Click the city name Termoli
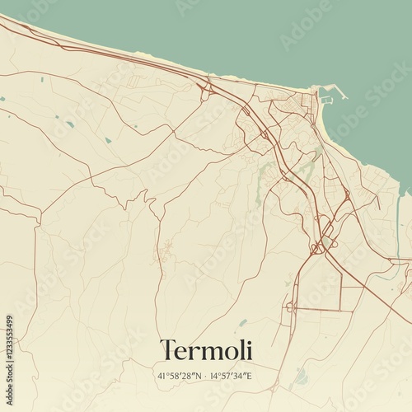click(206, 350)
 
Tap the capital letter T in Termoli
click(168, 349)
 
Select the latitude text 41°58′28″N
click(178, 376)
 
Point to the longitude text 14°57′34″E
click(231, 376)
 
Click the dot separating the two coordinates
click(204, 376)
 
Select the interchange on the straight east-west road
click(290, 308)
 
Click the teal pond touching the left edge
click(2, 99)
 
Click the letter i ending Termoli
click(248, 349)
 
